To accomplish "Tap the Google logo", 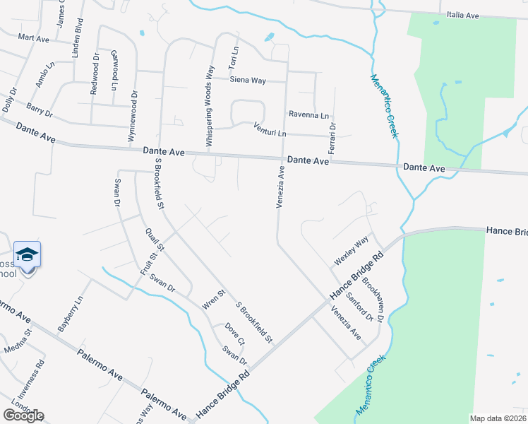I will click(23, 416).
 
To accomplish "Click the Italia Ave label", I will click(463, 14).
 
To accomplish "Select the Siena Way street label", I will click(248, 81).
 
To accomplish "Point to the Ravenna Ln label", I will click(308, 114).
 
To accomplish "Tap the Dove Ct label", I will click(235, 334).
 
